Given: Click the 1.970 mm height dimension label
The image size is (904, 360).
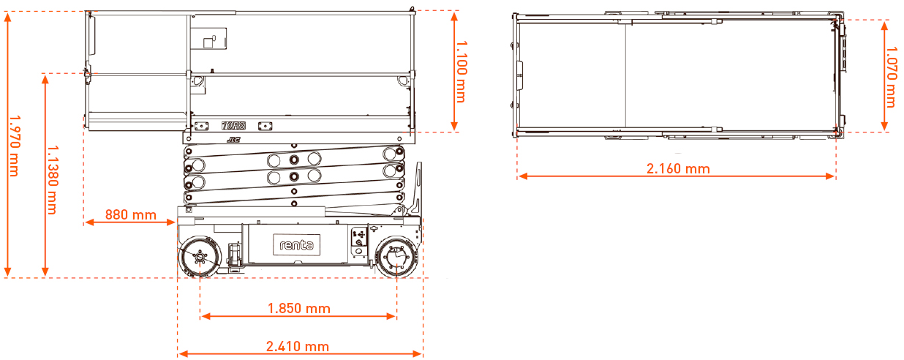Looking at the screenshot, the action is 15,146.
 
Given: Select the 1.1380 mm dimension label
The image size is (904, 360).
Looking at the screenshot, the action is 53,180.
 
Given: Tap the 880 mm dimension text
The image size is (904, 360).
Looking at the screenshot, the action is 131,214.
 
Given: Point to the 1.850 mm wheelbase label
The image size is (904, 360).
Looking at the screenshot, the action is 299,309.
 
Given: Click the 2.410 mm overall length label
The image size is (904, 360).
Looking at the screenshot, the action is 298,346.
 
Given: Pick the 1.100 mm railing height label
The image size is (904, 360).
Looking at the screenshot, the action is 462,72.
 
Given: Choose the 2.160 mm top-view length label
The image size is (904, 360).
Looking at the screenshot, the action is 678,169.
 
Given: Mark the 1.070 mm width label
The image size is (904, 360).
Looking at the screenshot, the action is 891,77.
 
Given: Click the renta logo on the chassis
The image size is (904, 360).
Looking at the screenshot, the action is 297,244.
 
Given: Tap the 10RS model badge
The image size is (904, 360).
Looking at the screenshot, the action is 233,126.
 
